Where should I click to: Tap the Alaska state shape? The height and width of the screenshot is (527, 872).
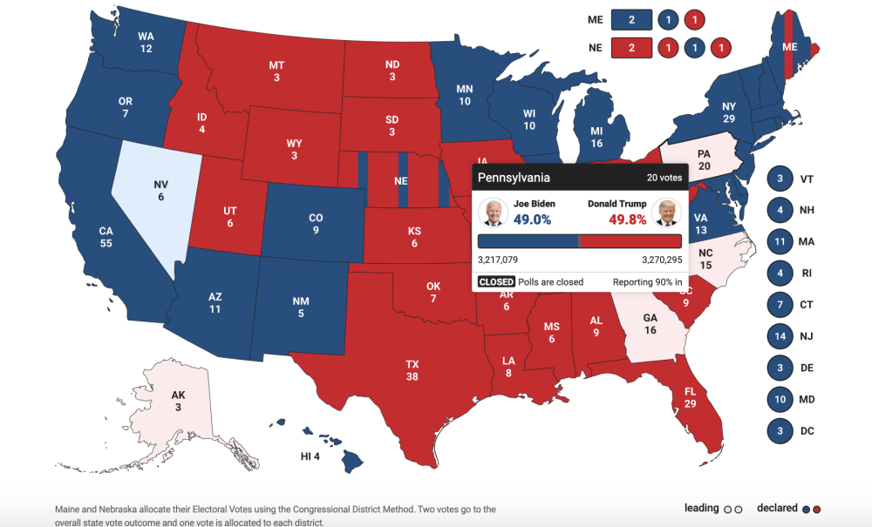(x=178, y=402)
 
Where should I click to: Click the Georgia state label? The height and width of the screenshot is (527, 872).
(x=650, y=325)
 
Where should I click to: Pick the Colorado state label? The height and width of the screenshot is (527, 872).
(x=316, y=224)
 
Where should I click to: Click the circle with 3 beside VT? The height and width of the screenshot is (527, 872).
(x=779, y=179)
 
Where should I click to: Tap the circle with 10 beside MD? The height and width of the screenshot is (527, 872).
(x=779, y=399)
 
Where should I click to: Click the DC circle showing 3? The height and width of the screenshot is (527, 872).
(x=779, y=430)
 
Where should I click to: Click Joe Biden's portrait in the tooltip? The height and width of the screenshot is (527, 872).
(x=493, y=212)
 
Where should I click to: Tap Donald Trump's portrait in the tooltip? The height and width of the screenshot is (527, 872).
(x=666, y=212)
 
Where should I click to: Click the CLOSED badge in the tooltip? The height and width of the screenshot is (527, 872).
(x=496, y=282)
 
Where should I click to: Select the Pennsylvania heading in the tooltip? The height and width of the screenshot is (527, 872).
(x=514, y=178)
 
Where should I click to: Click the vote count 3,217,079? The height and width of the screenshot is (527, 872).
(x=504, y=260)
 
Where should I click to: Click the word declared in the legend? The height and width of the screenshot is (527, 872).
(x=777, y=508)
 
